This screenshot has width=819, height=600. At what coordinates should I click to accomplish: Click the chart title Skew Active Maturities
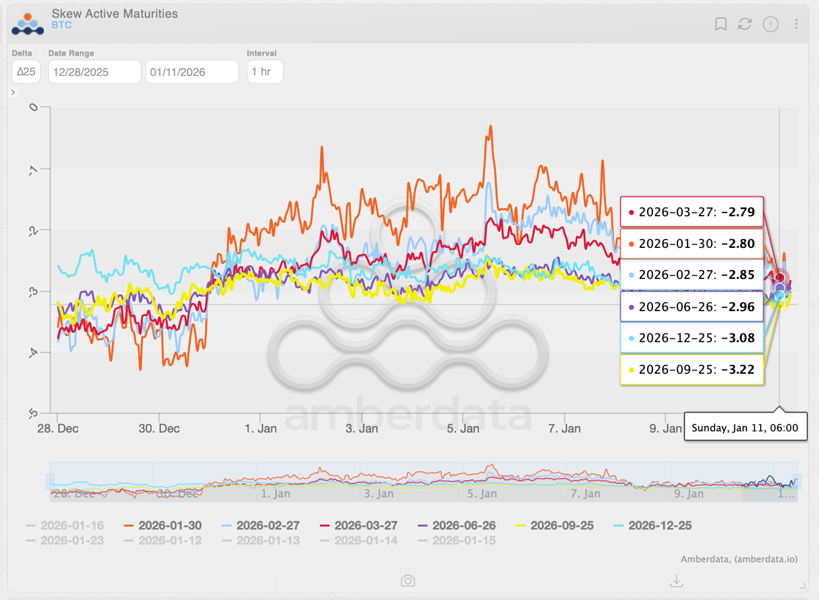[x=115, y=14]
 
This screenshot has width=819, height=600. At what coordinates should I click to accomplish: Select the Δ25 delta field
[x=26, y=72]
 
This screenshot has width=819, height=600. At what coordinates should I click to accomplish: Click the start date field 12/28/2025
[x=94, y=72]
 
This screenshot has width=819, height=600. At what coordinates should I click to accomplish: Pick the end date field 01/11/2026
[x=192, y=72]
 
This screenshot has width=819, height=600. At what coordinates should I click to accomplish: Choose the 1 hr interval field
[x=265, y=72]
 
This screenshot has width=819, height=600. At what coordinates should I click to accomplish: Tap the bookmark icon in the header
[x=721, y=24]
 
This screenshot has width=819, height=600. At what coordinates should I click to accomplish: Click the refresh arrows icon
[x=745, y=24]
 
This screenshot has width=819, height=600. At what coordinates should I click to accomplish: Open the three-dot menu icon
[x=796, y=24]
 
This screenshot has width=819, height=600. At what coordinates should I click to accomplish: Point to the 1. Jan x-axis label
[x=260, y=429]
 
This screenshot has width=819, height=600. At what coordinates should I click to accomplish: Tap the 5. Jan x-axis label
[x=463, y=429]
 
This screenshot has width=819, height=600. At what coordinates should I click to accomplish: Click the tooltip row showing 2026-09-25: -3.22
[x=692, y=370]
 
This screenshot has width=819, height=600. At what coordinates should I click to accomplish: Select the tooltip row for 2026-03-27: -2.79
[x=692, y=212]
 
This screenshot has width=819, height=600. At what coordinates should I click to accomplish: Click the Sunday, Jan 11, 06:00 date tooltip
[x=745, y=427]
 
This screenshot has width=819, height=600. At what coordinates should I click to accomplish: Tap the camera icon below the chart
[x=408, y=581]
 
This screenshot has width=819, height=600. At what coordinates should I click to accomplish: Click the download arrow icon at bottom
[x=676, y=580]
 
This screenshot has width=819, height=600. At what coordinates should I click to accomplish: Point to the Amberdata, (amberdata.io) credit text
[x=739, y=559]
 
